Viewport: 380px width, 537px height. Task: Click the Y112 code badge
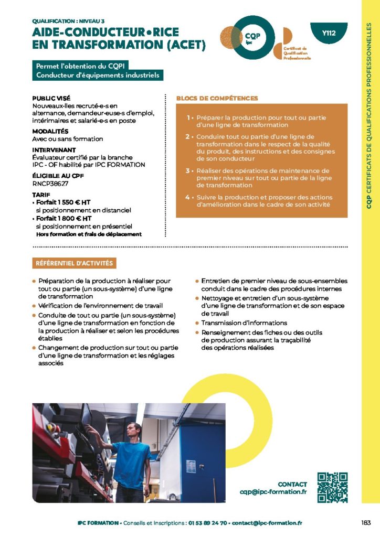329,33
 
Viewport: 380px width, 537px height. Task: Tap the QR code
333,488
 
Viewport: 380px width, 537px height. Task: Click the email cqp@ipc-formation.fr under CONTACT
272,492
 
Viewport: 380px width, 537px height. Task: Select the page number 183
366,522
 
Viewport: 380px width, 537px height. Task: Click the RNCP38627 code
50,184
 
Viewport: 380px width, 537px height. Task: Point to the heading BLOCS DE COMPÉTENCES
217,98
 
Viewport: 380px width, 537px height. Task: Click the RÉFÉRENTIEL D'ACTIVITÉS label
74,263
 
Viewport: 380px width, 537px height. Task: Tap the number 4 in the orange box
187,197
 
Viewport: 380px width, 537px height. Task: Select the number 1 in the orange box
188,118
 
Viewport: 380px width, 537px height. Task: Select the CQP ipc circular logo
253,36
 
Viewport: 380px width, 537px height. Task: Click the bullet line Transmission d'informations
244,323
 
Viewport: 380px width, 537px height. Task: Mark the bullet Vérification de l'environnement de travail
100,305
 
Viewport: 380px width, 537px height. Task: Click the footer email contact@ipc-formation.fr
267,523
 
